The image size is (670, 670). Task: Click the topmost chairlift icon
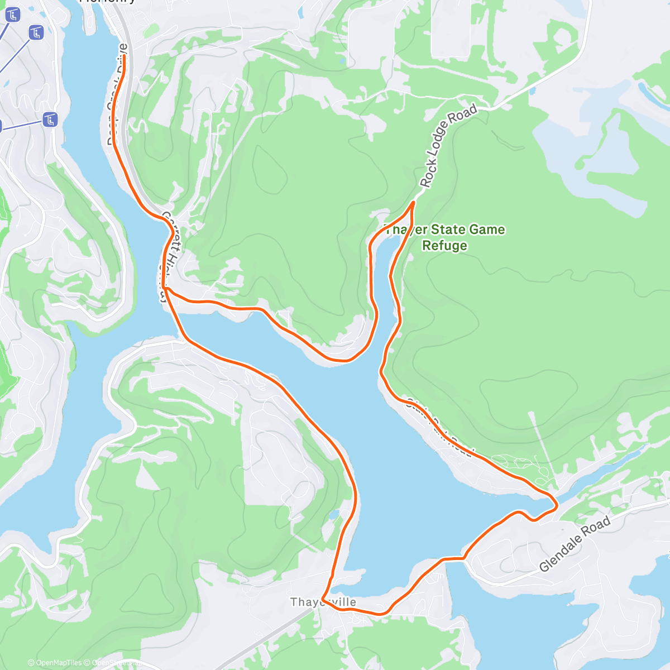(x=12, y=15)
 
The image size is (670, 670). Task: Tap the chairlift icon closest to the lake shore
(x=51, y=119)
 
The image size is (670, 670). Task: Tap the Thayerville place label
(x=323, y=602)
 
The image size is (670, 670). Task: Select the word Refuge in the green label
(x=444, y=246)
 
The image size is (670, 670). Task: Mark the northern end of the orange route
(x=123, y=56)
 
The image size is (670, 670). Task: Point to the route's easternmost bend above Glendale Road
(x=557, y=505)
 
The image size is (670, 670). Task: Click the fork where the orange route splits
(x=166, y=288)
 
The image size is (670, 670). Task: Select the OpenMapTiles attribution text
(x=58, y=663)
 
